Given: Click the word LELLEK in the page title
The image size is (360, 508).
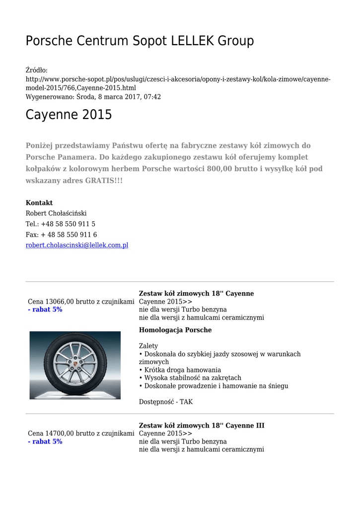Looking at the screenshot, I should point(193,41).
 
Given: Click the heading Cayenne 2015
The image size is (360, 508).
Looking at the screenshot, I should point(69,115).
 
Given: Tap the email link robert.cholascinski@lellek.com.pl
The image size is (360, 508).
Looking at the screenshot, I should point(77,245).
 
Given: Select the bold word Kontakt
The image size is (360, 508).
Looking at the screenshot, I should point(39,203).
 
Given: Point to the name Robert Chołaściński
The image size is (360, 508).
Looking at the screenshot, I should point(56,213).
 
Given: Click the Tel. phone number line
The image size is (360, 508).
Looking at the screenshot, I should point(61,224).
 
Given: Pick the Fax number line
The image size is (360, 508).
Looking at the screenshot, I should point(61,235).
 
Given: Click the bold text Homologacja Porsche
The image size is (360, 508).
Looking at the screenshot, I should point(175,330).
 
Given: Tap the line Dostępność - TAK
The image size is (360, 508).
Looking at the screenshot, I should point(166,402).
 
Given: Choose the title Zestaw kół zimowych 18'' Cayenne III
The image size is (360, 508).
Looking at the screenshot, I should point(202,426).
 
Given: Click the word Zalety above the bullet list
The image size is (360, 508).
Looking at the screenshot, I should point(148,346).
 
